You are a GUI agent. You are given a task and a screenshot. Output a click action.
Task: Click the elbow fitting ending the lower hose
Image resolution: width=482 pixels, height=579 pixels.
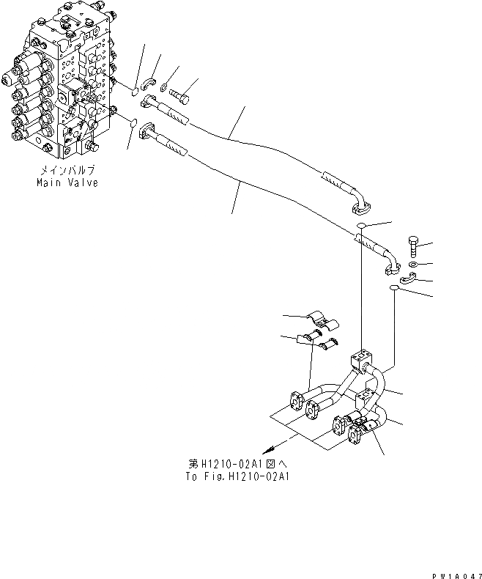(x=388, y=268)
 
